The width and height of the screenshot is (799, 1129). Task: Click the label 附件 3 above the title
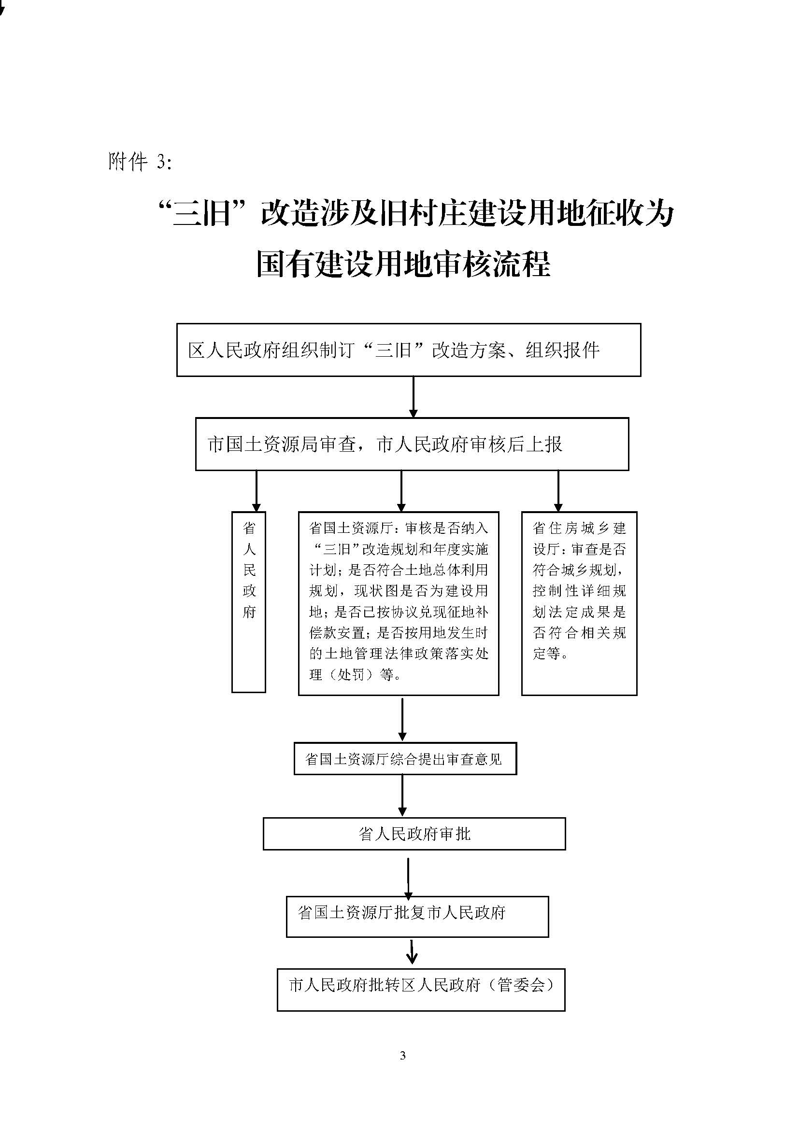(140, 161)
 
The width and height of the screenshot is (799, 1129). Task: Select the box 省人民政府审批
(414, 834)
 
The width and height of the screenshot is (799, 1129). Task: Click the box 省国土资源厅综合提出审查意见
(405, 758)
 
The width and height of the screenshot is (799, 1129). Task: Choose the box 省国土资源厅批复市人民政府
(417, 916)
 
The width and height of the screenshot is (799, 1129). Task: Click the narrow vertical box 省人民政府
(248, 602)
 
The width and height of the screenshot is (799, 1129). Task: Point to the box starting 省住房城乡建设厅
(579, 603)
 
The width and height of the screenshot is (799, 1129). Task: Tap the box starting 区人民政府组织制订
(408, 349)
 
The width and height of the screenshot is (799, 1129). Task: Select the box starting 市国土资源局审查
(412, 444)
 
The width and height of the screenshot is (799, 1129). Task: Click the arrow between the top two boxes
(414, 397)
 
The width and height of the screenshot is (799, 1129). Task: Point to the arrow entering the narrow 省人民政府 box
(256, 491)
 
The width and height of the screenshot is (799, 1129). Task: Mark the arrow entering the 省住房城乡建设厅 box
(558, 491)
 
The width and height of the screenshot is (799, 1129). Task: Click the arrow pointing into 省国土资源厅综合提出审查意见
(402, 719)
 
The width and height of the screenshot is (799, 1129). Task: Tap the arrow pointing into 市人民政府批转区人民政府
(412, 952)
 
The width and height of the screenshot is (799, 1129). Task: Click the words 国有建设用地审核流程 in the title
(403, 264)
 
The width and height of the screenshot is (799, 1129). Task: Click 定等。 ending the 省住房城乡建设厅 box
(551, 654)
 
